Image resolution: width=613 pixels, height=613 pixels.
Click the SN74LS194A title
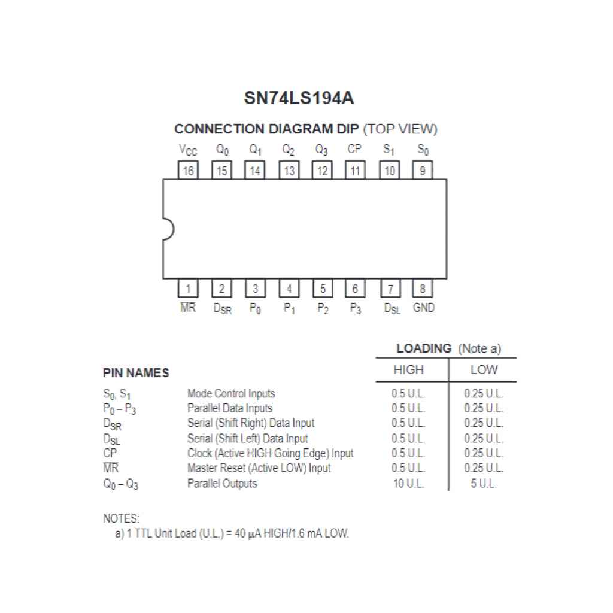click(x=299, y=98)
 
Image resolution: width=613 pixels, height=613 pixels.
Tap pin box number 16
click(x=188, y=171)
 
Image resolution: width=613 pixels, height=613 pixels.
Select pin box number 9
click(x=423, y=171)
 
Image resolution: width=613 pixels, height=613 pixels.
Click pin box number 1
click(x=188, y=289)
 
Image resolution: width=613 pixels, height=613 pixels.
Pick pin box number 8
click(x=423, y=289)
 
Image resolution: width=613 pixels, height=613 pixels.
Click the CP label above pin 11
click(x=354, y=150)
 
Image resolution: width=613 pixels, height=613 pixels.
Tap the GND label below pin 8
click(x=424, y=308)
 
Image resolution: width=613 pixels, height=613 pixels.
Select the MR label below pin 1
click(x=188, y=308)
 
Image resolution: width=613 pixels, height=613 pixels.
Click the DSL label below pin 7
click(x=392, y=309)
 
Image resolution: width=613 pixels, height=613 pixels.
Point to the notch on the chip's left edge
click(x=168, y=229)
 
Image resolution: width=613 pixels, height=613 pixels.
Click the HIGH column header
click(x=408, y=370)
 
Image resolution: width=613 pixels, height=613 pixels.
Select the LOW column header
click(x=484, y=370)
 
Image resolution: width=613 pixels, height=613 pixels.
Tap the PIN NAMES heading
click(x=136, y=373)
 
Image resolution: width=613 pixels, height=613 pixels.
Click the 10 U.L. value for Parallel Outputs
click(x=408, y=484)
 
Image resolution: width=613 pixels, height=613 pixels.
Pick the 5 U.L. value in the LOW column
click(x=484, y=484)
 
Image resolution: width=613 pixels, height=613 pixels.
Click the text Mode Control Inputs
click(x=231, y=394)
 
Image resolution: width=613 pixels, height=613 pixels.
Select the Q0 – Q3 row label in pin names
click(x=120, y=484)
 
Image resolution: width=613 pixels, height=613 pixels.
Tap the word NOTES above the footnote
click(x=121, y=518)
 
